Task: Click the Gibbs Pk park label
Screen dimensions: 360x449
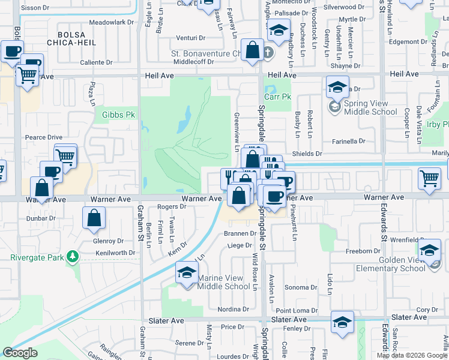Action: point(119,114)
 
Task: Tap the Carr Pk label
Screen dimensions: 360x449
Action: point(277,95)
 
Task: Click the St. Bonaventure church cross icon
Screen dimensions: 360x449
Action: point(268,53)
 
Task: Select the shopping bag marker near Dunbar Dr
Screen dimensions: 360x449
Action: point(95,220)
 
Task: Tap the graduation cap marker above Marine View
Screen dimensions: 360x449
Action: point(187,273)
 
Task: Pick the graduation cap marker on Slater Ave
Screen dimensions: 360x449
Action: point(342,322)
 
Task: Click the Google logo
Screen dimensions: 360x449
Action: point(20,352)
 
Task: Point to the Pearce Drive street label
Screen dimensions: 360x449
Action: point(44,137)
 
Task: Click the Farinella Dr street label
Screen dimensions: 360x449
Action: point(349,142)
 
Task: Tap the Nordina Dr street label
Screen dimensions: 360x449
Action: point(233,310)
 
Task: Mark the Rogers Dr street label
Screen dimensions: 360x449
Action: point(172,207)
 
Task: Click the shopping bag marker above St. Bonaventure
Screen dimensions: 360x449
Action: point(253,50)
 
